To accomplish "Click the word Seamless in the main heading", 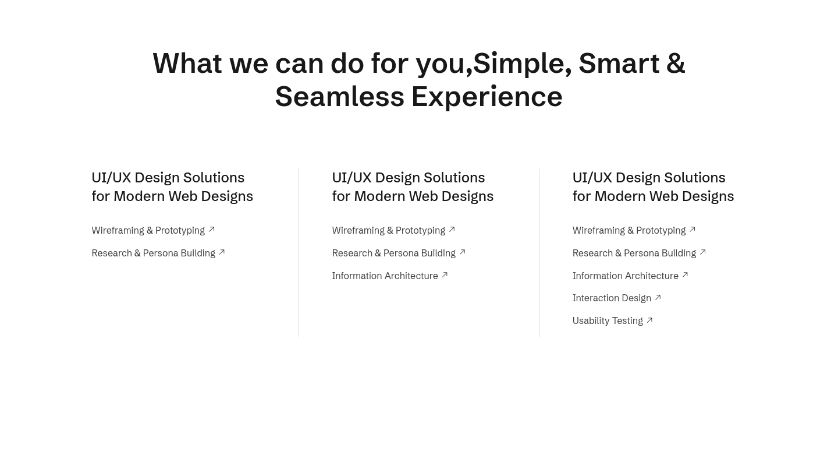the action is coord(340,97).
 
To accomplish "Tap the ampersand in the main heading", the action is coord(676,64).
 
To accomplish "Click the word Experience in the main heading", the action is coord(487,97).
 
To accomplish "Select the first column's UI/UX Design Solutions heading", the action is coord(172,187).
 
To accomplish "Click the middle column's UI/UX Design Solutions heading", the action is coord(413,187).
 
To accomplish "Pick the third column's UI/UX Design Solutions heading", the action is coord(653,187).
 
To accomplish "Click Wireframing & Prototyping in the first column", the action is coord(148,230).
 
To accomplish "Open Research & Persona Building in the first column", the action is coord(154,253).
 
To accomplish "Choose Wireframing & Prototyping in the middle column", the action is coord(389,230).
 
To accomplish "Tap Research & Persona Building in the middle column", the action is coord(394,253).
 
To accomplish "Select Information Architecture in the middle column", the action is coord(385,276).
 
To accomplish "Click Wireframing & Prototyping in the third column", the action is coord(629,230).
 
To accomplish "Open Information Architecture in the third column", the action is coord(626,276).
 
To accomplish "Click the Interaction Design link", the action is coord(612,298).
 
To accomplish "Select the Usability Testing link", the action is coord(608,320).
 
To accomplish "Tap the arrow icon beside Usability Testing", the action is coord(649,320).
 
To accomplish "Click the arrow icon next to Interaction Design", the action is coord(658,297).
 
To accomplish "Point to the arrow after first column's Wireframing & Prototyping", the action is coord(211,229).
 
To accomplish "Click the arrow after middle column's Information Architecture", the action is coord(445,275).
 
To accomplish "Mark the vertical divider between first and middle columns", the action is coord(299,252).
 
